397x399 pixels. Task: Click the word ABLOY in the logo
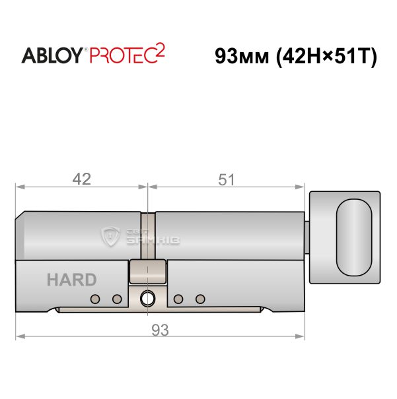click(52, 55)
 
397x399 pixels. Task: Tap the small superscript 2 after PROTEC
click(161, 51)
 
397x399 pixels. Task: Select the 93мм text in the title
click(242, 56)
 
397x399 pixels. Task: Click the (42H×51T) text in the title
click(327, 57)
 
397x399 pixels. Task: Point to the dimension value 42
click(82, 179)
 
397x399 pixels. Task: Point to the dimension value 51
click(227, 179)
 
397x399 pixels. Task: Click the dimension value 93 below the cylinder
click(160, 330)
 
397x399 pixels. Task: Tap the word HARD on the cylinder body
click(72, 280)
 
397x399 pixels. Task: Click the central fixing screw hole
click(147, 299)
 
